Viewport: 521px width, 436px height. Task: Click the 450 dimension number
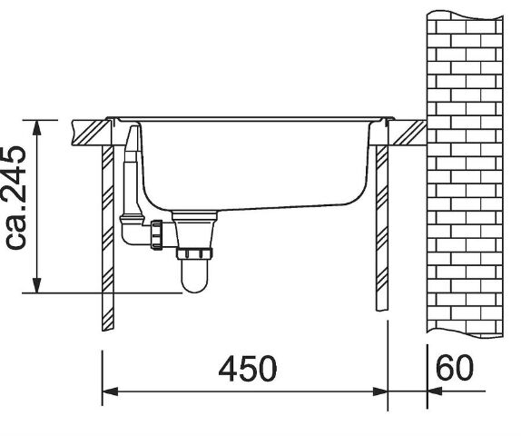click(248, 369)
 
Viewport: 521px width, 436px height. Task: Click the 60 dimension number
click(454, 368)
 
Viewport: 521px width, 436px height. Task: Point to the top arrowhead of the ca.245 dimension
click(37, 127)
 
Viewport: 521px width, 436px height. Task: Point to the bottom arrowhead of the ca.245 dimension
click(37, 285)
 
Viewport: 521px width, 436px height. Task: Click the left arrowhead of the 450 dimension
click(110, 391)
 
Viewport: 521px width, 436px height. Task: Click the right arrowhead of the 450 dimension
click(379, 391)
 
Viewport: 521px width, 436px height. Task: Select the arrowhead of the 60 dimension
click(435, 391)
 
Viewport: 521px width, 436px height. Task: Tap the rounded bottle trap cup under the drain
click(195, 276)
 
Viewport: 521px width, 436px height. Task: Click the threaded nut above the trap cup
click(194, 253)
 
